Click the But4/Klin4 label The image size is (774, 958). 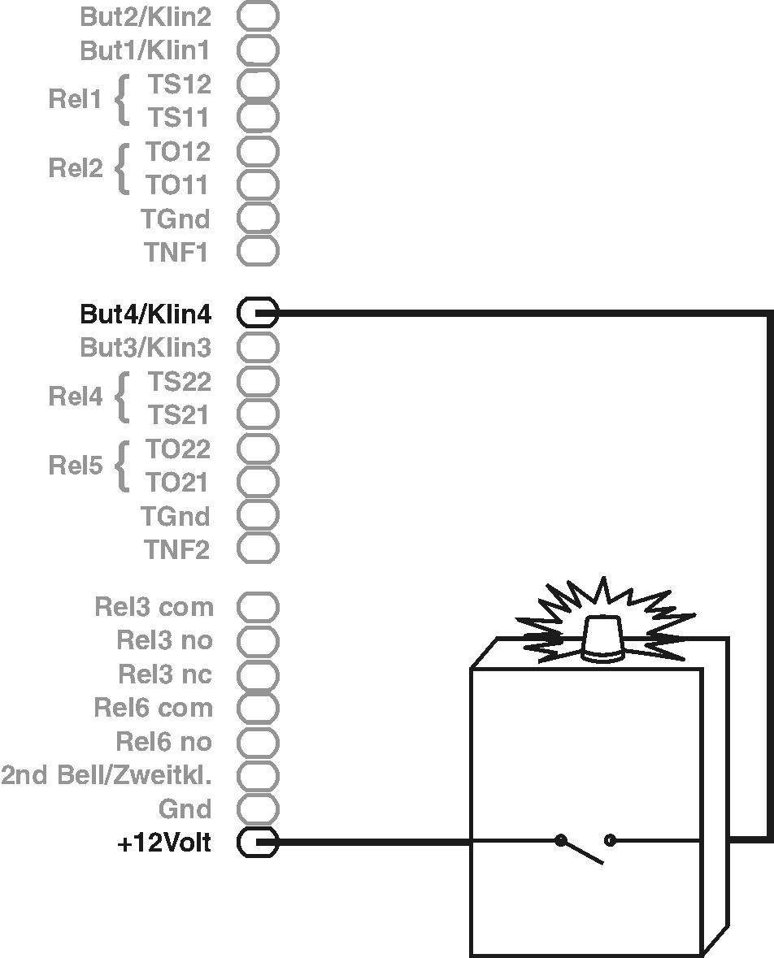coord(146,314)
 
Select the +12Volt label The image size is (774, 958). coord(164,844)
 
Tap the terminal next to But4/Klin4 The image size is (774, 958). coord(258,313)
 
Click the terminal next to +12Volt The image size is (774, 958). coord(258,843)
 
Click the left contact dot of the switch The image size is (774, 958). coord(560,840)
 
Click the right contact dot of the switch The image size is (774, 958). coord(611,840)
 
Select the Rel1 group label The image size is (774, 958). coord(75,101)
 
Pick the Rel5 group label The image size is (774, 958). coord(75,466)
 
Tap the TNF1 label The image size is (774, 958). coord(177,253)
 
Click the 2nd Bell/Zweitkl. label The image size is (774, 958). coord(107,775)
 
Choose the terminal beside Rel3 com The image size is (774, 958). coord(258,606)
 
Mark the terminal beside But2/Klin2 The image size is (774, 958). coord(258,15)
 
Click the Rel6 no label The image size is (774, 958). coord(164,742)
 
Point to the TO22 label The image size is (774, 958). coord(178,449)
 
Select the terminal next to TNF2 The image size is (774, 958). coord(258,548)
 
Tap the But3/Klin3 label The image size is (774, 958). coord(146,348)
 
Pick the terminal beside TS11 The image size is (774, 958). coord(258,117)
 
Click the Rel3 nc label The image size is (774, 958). coord(165,674)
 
